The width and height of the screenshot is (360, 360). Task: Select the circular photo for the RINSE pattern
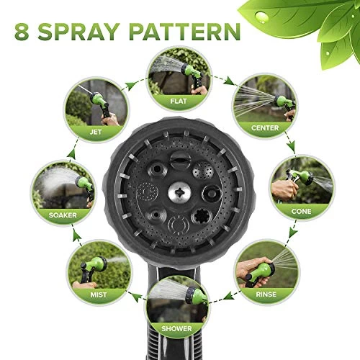click(265, 266)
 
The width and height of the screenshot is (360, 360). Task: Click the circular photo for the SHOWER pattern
click(177, 301)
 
